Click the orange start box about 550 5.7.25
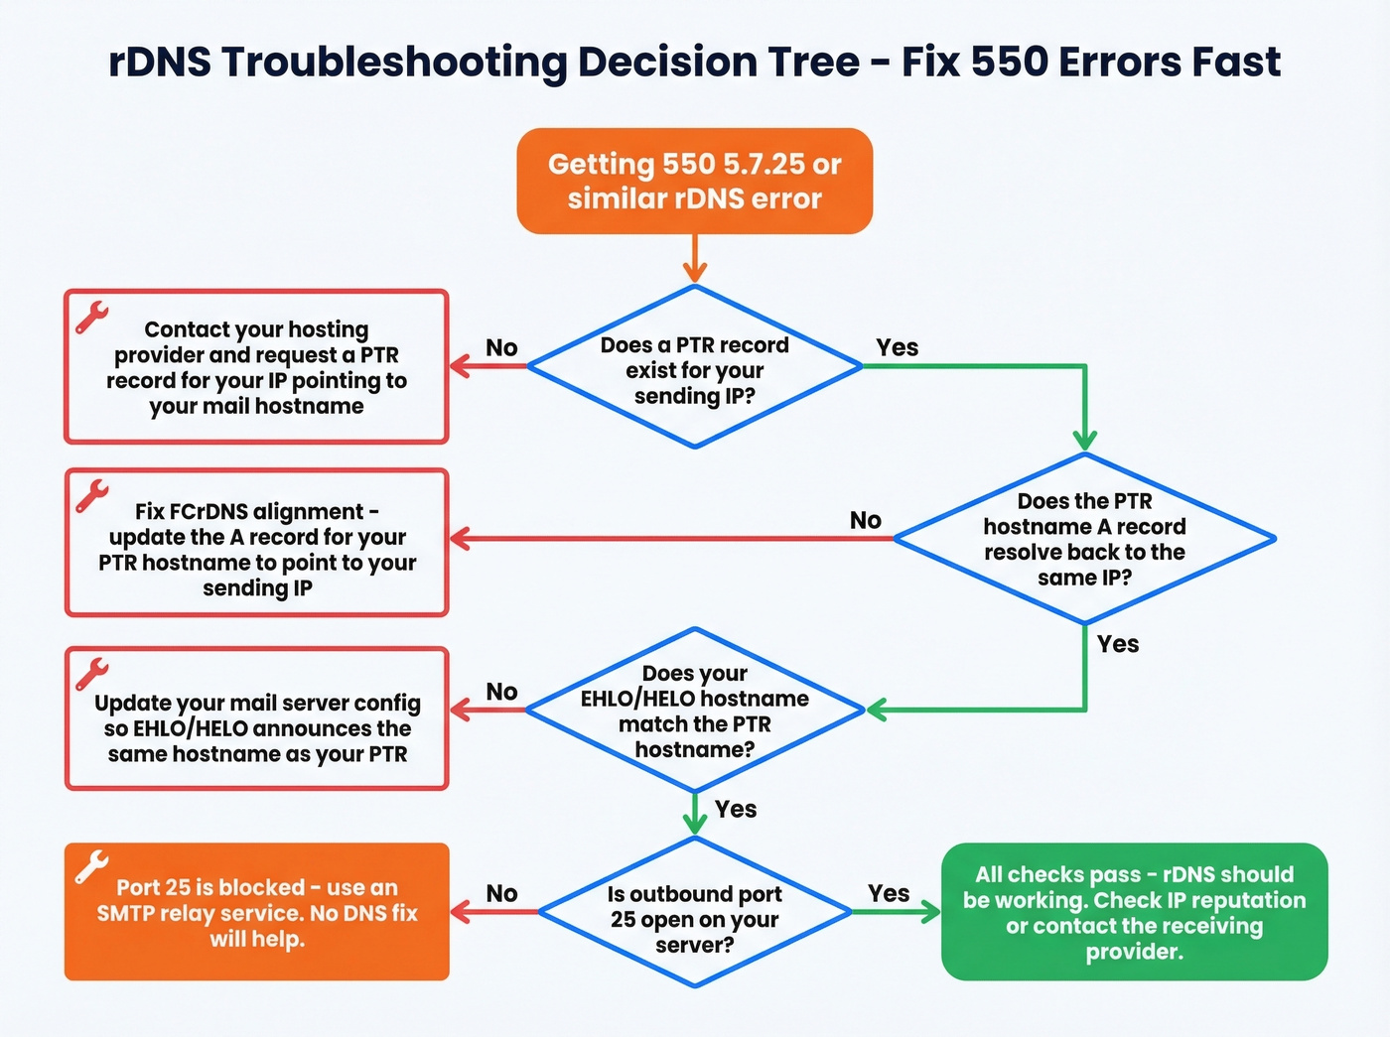[x=694, y=181]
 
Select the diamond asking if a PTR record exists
[x=694, y=368]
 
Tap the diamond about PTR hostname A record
[x=1084, y=539]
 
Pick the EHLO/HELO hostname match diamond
[x=694, y=711]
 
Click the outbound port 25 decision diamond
[x=694, y=913]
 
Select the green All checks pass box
[x=1134, y=912]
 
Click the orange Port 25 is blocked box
[x=257, y=912]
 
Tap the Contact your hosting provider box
[x=257, y=366]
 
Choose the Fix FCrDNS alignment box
[x=257, y=543]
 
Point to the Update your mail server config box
[x=257, y=718]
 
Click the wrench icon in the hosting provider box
[x=91, y=318]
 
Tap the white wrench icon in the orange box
[x=91, y=866]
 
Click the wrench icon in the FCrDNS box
[x=91, y=495]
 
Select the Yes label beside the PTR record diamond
[x=897, y=347]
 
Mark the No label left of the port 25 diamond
[x=501, y=893]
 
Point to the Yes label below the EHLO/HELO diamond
[x=735, y=809]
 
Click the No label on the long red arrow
[x=865, y=520]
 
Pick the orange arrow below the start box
[x=694, y=261]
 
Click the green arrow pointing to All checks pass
[x=896, y=912]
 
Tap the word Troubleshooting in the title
[x=394, y=62]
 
